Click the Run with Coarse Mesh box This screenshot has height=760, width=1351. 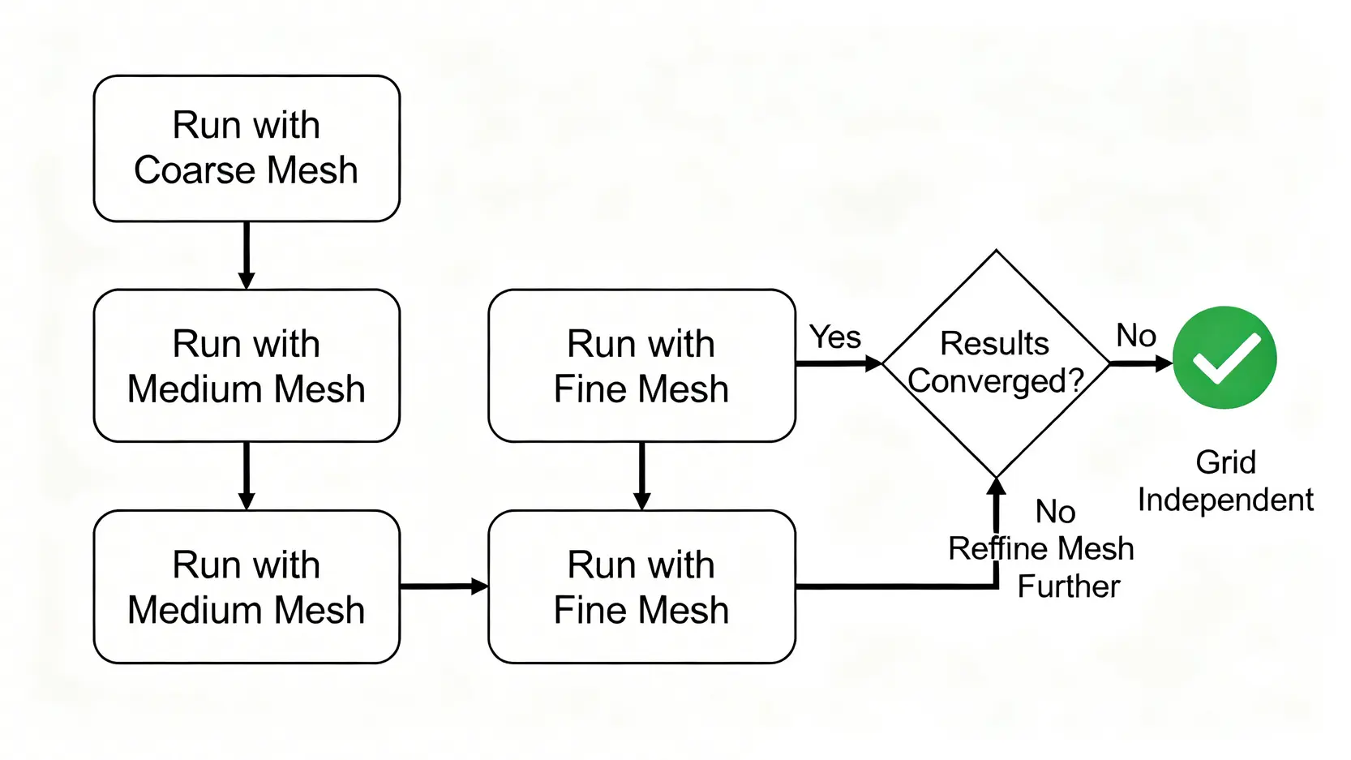[x=247, y=148]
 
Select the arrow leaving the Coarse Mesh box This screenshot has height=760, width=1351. [x=247, y=255]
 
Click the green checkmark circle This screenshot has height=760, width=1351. [x=1224, y=358]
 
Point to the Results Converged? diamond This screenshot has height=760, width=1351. [x=996, y=363]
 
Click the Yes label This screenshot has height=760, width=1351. [x=835, y=337]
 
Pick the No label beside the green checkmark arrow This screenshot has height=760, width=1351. [x=1136, y=335]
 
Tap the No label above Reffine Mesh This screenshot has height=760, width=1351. [x=1055, y=512]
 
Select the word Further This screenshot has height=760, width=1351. [x=1069, y=586]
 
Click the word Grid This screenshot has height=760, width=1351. [x=1225, y=462]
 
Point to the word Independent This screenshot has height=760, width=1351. [x=1225, y=500]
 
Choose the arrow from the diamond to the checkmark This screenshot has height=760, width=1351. [x=1140, y=363]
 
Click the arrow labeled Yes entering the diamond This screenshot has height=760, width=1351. [x=838, y=364]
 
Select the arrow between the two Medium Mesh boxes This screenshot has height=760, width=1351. [x=247, y=475]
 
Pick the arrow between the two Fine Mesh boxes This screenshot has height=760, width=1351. [x=641, y=475]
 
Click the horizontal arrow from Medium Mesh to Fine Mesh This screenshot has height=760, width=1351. [x=444, y=586]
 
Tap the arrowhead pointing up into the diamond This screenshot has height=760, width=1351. [x=997, y=487]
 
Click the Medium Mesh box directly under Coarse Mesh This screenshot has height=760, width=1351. [x=247, y=366]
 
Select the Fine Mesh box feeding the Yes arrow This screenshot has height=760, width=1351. [x=641, y=366]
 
